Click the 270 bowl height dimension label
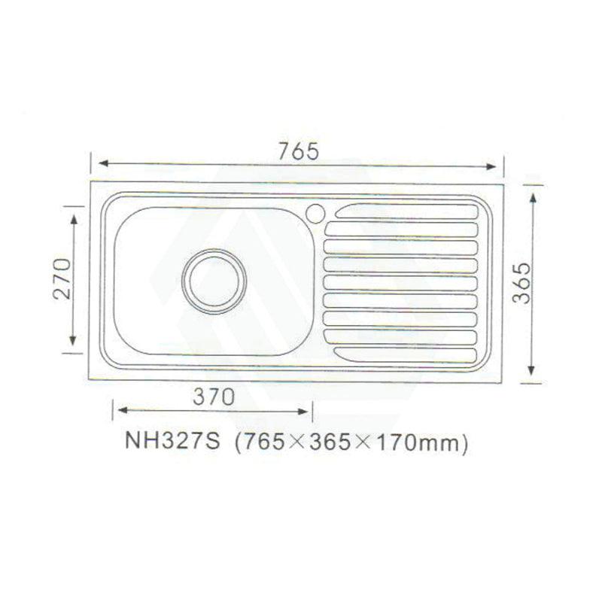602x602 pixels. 62,279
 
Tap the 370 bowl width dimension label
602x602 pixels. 214,397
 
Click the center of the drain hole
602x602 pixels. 215,281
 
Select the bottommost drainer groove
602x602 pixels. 406,353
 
